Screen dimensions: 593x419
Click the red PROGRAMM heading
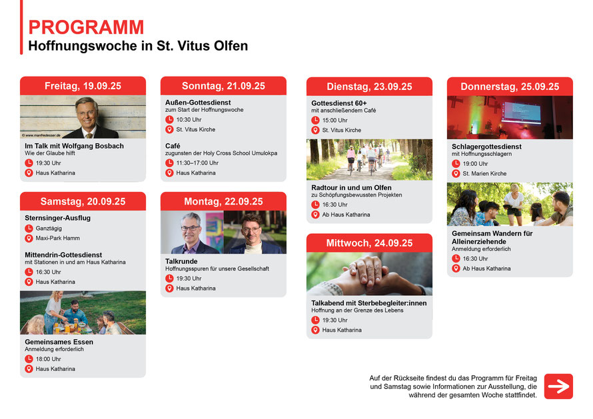click(86, 27)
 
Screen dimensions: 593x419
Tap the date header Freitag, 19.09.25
click(83, 86)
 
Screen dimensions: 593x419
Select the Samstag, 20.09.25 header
click(83, 202)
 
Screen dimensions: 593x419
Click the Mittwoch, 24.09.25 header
click(369, 243)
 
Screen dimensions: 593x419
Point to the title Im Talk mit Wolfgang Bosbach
click(74, 146)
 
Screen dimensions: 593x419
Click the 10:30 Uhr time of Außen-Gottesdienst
click(189, 120)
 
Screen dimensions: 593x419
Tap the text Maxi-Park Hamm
click(57, 238)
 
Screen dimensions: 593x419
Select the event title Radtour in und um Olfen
click(351, 188)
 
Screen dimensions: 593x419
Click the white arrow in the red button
click(558, 386)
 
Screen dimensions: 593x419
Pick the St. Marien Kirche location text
click(484, 174)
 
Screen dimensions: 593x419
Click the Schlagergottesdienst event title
click(486, 147)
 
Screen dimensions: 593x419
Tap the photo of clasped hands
click(369, 274)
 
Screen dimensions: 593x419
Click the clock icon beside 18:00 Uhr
click(29, 359)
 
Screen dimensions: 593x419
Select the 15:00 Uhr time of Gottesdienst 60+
click(334, 121)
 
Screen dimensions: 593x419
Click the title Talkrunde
click(181, 261)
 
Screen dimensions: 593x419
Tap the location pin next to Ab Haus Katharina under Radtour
click(315, 214)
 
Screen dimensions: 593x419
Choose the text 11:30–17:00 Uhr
click(197, 163)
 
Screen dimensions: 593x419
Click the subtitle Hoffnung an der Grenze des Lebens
click(357, 310)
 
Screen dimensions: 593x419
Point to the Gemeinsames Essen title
click(59, 342)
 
